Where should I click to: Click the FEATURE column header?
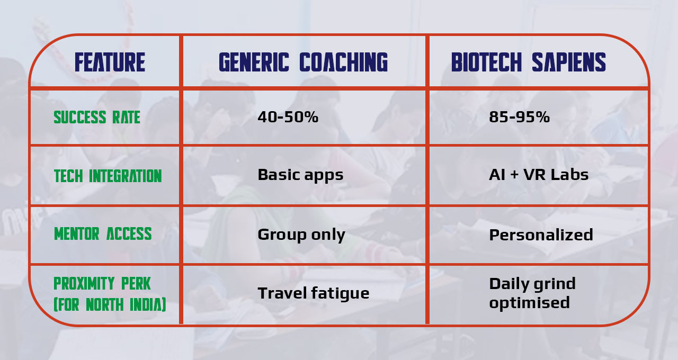[x=110, y=62]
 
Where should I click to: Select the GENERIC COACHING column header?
[x=303, y=62]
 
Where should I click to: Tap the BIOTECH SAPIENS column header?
[x=528, y=62]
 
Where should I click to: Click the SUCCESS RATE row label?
[x=97, y=117]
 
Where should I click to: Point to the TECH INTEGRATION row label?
[x=108, y=176]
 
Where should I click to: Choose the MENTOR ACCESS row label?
[x=103, y=234]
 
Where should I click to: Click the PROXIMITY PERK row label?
[x=102, y=284]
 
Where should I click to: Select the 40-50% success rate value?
[x=288, y=117]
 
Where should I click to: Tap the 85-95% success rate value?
[x=519, y=117]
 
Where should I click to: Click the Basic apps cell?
[x=300, y=175]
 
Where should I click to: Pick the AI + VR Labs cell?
[x=539, y=175]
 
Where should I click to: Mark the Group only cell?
[x=301, y=235]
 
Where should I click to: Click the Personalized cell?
[x=541, y=235]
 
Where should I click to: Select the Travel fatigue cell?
[x=313, y=293]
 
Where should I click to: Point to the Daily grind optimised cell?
[x=532, y=293]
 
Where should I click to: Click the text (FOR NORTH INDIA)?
[x=110, y=305]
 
